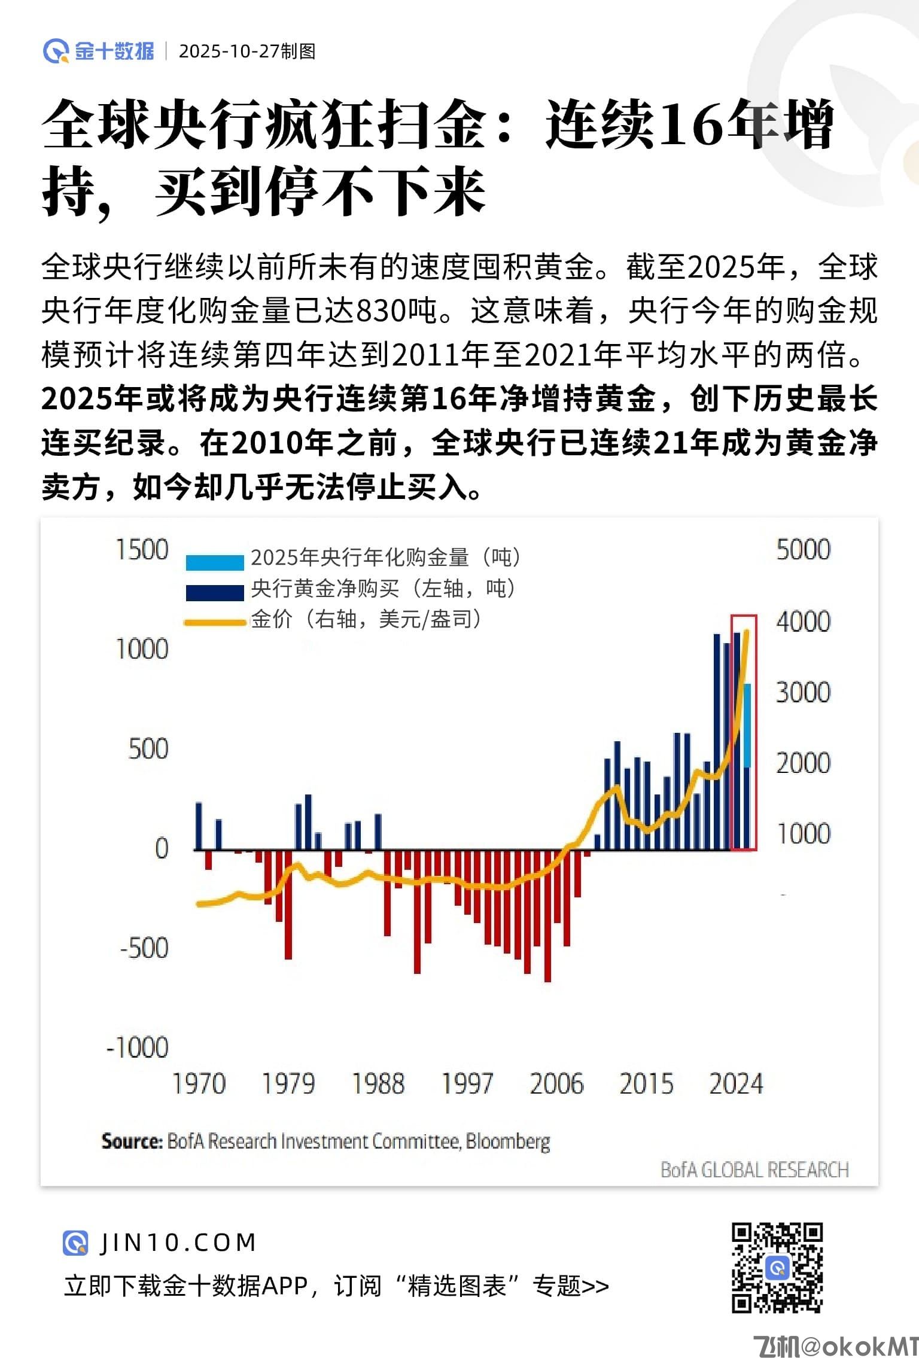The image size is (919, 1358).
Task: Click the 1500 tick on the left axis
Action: tap(142, 550)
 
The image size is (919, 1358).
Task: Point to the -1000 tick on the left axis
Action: tap(138, 1048)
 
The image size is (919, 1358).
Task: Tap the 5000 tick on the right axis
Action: tap(803, 550)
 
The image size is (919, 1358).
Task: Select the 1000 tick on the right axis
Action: tap(803, 833)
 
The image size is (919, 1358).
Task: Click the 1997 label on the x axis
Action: tap(467, 1084)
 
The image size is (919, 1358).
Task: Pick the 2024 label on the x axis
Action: tap(736, 1084)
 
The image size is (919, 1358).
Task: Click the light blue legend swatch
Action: tap(214, 562)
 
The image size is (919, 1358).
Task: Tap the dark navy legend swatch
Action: tap(214, 592)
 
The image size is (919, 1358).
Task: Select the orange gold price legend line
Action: tap(214, 623)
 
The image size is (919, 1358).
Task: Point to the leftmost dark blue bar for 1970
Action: tap(199, 826)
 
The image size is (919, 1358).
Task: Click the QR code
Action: tap(777, 1268)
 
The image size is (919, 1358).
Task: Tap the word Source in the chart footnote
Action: tap(132, 1141)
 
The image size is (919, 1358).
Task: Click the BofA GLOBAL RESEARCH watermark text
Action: tap(754, 1170)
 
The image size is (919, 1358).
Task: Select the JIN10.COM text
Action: tap(178, 1243)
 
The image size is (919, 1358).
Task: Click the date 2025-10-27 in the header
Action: tap(229, 51)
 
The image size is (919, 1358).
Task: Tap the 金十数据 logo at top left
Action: tap(99, 51)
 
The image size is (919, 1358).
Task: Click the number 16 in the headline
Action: tap(689, 124)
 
